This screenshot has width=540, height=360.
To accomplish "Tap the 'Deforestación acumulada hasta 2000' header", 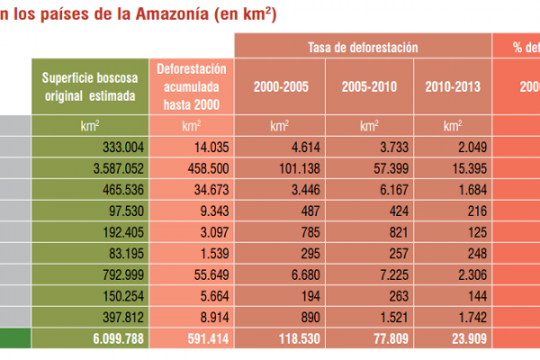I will pyautogui.click(x=191, y=86).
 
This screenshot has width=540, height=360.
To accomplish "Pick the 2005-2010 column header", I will pyautogui.click(x=369, y=86).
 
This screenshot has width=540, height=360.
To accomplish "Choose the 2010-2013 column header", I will pyautogui.click(x=451, y=86).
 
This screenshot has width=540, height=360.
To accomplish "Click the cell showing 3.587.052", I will pyautogui.click(x=112, y=167).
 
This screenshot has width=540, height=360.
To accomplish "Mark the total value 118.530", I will pyautogui.click(x=288, y=339).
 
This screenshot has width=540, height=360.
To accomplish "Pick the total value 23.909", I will pyautogui.click(x=461, y=339).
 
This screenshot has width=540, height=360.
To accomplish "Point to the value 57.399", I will pyautogui.click(x=378, y=167).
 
